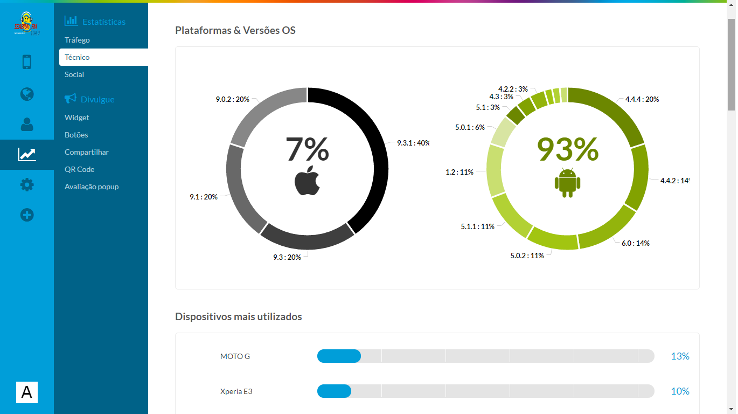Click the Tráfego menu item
pos(77,40)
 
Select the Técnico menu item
pos(77,57)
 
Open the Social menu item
pos(74,74)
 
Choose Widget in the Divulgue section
pos(77,118)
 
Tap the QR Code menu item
pos(79,169)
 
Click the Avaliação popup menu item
pos(92,187)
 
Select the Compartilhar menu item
pos(87,152)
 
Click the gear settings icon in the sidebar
pos(27,185)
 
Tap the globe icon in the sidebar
pos(27,94)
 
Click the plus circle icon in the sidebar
pos(27,216)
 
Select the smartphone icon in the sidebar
pos(27,62)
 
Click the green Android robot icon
pos(567,182)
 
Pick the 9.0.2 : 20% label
pos(232,99)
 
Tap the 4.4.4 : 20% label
pos(642,99)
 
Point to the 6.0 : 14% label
pos(635,243)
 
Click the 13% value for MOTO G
pos(680,356)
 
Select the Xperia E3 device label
pos(236,391)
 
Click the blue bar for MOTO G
pos(339,356)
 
